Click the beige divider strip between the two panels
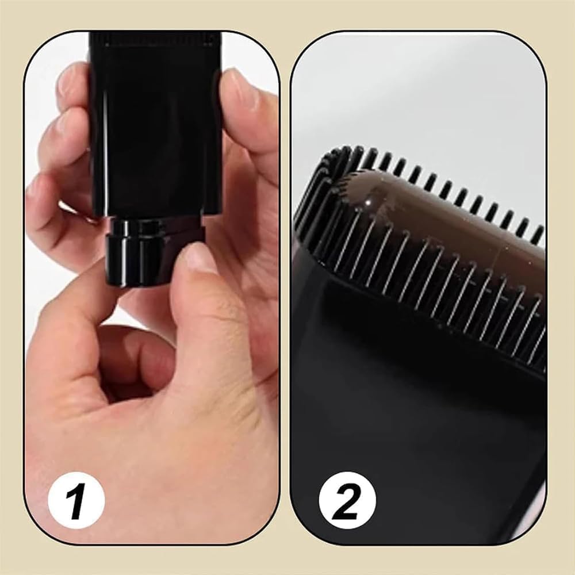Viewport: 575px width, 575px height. pyautogui.click(x=285, y=287)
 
